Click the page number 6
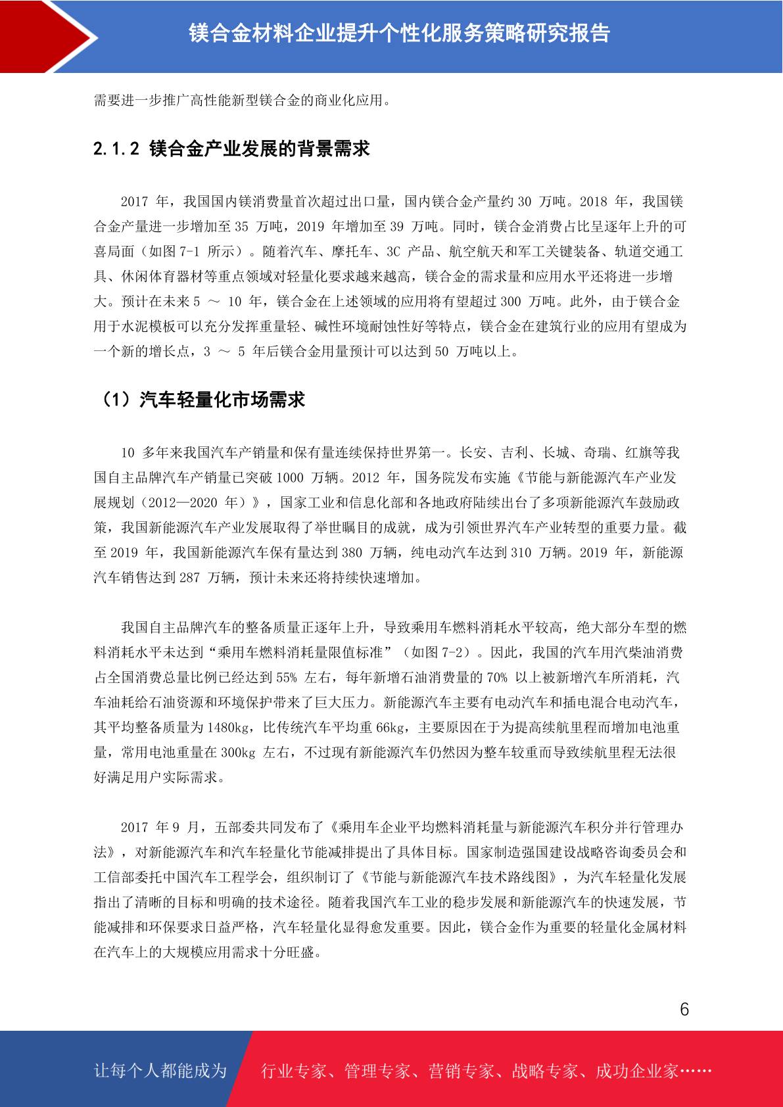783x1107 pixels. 684,1009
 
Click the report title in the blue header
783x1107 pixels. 399,33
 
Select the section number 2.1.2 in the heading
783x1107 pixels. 116,149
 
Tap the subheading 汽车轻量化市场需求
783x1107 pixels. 222,400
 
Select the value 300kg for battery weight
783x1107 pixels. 237,753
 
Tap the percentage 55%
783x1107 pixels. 287,678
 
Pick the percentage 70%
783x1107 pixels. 497,678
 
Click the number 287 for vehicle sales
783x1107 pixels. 189,578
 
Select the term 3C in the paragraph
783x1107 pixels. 393,252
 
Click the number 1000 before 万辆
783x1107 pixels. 290,478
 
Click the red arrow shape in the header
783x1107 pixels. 46,36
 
